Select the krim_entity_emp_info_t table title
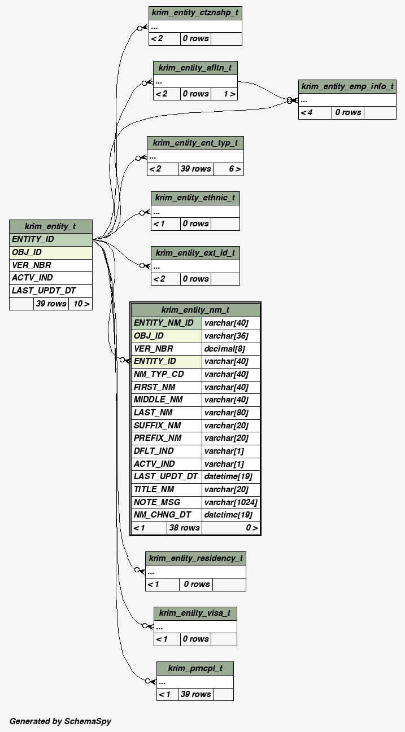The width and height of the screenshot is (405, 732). (347, 86)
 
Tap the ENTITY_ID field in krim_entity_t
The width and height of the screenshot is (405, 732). (50, 239)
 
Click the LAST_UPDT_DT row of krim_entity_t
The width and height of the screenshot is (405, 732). (50, 291)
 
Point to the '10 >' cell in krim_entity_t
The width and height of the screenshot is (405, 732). (81, 304)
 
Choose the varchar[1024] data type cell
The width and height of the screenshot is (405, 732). (230, 502)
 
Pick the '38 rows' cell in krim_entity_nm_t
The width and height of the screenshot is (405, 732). (184, 528)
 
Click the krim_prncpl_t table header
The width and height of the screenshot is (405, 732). (195, 668)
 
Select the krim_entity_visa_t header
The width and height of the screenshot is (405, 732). (195, 613)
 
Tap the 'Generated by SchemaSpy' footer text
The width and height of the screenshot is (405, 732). (60, 721)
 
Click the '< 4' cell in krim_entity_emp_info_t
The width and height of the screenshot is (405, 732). (307, 112)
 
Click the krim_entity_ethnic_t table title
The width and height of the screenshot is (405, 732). (195, 198)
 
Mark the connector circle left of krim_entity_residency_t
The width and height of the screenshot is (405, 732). (137, 570)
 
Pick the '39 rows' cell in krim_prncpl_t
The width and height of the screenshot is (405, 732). (195, 694)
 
